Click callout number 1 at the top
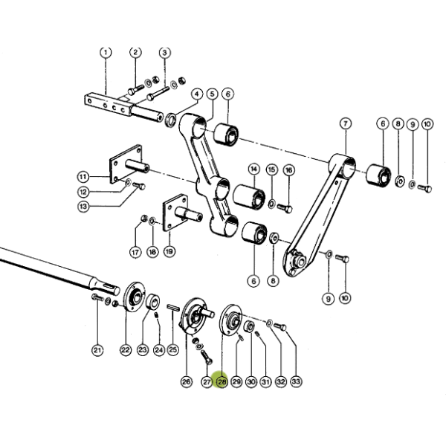tap(106, 52)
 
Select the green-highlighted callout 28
tap(222, 381)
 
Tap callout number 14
tap(254, 169)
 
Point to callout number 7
tap(346, 123)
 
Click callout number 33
tap(296, 381)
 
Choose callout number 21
tap(97, 350)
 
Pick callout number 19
tap(169, 251)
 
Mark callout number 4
tap(197, 94)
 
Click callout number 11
tap(83, 177)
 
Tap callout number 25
tap(173, 349)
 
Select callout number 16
tap(288, 170)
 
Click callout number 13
tap(83, 206)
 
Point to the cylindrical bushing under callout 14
tap(250, 197)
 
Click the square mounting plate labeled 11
tap(126, 164)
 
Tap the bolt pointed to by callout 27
tap(207, 358)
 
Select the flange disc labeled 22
tap(134, 297)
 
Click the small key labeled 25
tap(172, 307)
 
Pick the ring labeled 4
tap(171, 120)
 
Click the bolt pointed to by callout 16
tap(285, 208)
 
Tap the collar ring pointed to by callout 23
tap(152, 302)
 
